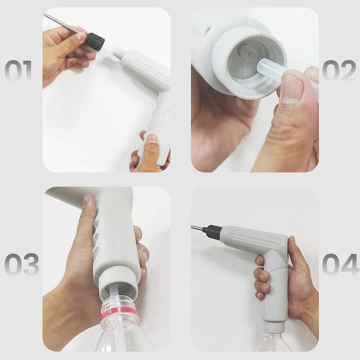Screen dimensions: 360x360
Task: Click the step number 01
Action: (18, 71)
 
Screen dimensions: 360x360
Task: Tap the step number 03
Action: (22, 265)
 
